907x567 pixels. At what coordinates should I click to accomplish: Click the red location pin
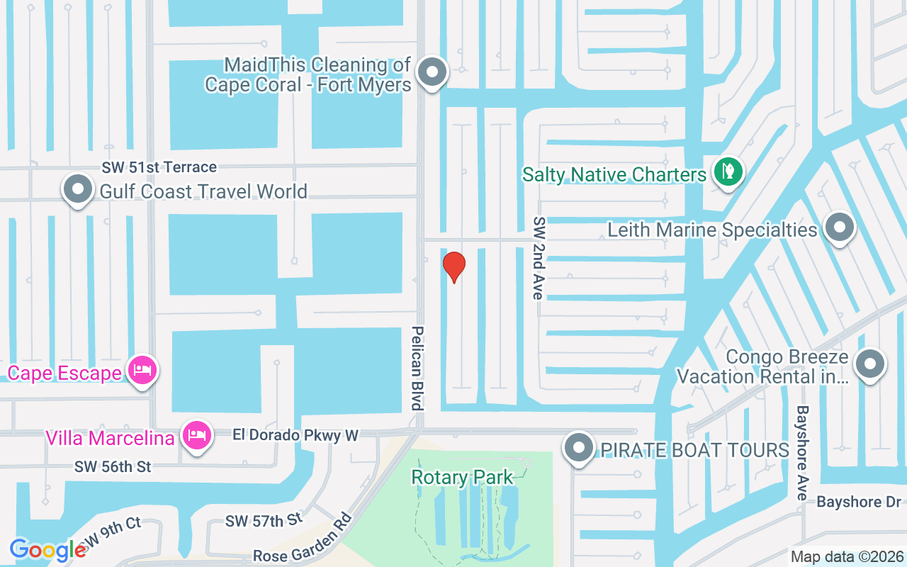pos(453,266)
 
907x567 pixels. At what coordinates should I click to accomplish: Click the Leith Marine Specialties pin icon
pos(840,228)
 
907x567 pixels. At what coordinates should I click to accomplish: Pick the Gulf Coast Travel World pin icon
pos(78,189)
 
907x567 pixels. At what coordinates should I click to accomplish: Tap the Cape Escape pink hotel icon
pos(142,370)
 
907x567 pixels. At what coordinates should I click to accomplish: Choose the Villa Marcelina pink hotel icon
pos(196,434)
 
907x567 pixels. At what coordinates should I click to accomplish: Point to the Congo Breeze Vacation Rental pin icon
pos(870,364)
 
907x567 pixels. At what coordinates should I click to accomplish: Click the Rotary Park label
pos(462,478)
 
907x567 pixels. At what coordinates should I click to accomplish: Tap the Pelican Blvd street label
pos(417,369)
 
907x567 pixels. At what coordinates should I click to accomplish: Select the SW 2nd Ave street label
pos(539,258)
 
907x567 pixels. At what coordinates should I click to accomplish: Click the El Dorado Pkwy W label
pos(295,435)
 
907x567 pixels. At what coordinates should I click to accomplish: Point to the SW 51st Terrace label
pos(159,167)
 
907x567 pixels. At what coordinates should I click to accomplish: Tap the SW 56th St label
pos(113,467)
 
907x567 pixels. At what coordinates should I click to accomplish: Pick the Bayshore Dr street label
pos(858,503)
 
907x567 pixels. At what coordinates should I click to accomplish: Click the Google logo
pos(48,550)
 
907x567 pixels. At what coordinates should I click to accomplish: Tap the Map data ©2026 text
pos(847,556)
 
